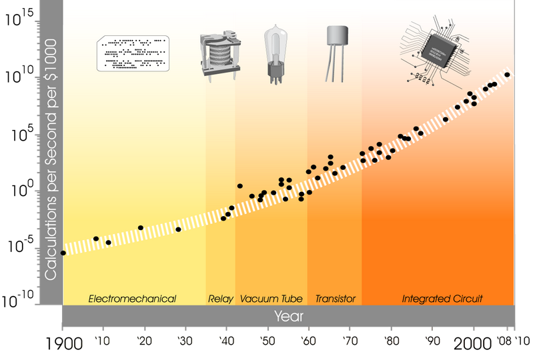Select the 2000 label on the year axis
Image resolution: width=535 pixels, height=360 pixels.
[476, 343]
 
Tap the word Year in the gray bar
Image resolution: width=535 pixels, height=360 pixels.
[288, 315]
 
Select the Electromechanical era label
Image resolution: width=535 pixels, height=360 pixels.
[132, 299]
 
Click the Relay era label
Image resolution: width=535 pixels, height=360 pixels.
[221, 299]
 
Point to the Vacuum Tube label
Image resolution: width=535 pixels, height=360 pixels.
[272, 299]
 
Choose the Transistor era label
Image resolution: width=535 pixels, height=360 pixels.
[335, 299]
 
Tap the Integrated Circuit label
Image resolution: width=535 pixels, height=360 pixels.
[442, 299]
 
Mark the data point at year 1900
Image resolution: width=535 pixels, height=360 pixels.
[63, 253]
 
